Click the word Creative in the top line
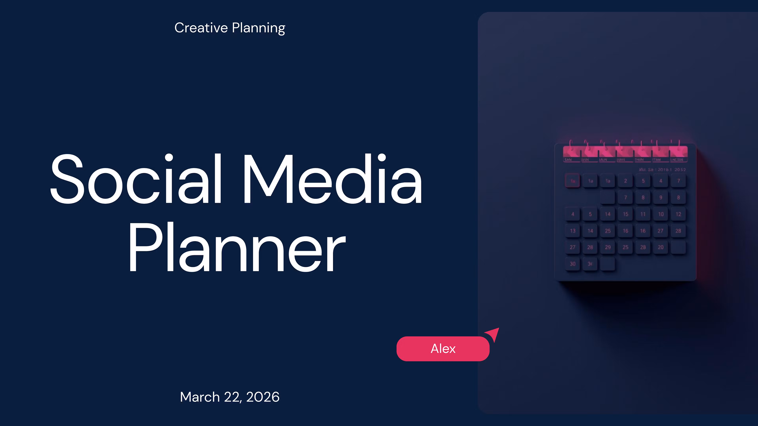(201, 28)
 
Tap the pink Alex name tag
(443, 349)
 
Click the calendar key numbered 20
(661, 247)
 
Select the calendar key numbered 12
(678, 214)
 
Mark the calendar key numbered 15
(626, 214)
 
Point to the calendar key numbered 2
(626, 181)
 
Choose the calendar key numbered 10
(661, 214)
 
